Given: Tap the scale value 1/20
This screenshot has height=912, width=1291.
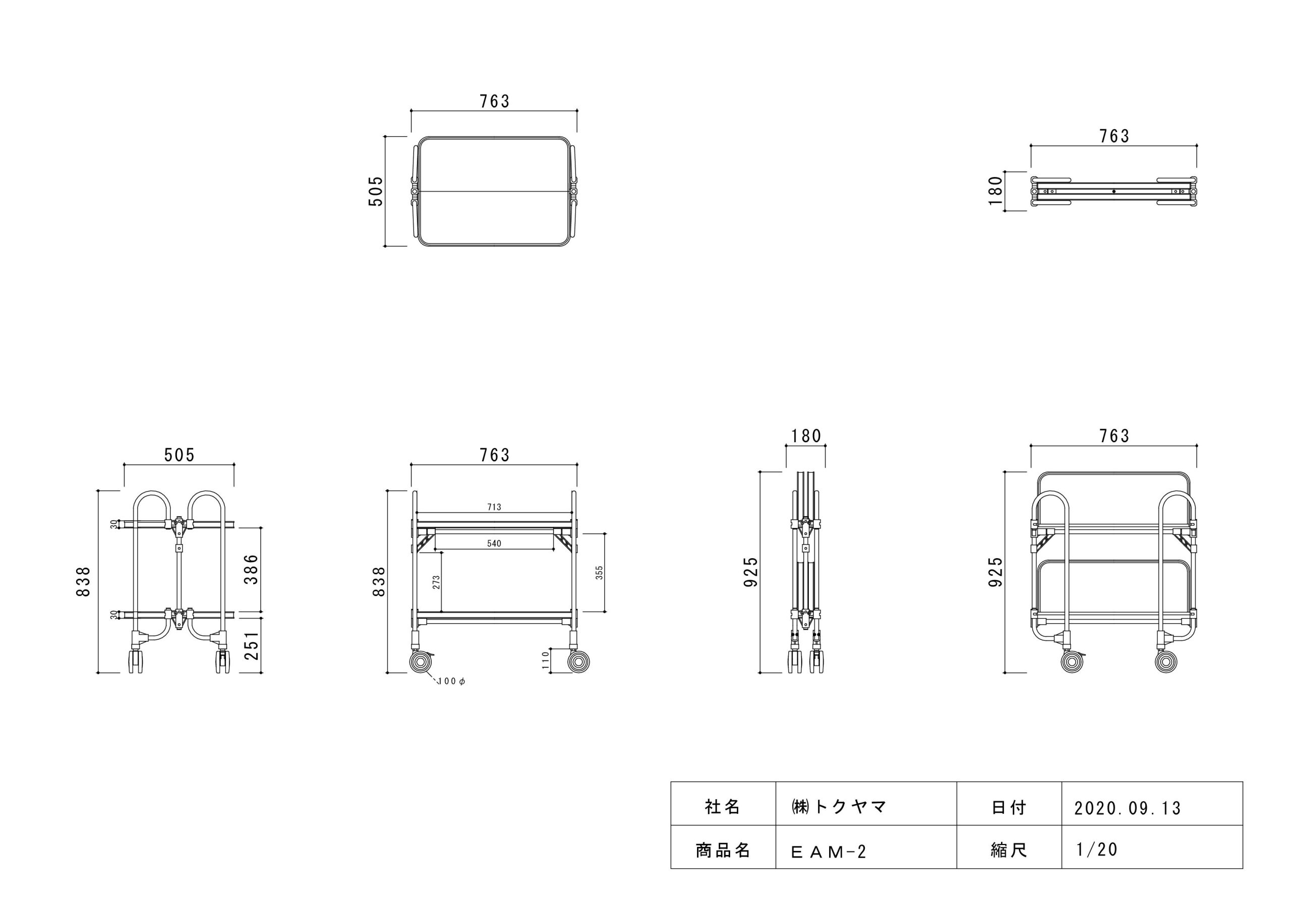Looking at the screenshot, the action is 1096,849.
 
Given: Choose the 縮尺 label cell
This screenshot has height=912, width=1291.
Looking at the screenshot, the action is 1009,850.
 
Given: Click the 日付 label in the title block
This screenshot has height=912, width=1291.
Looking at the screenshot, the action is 1009,808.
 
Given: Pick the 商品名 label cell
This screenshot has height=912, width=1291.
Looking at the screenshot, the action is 723,850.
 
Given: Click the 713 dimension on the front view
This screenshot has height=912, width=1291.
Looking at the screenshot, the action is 494,507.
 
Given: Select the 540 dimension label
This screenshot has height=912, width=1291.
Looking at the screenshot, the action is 494,543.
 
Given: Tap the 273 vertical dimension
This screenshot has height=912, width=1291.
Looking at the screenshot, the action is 436,582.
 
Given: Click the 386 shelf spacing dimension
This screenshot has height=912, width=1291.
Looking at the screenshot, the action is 251,569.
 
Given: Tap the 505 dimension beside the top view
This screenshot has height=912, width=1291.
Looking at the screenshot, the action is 376,191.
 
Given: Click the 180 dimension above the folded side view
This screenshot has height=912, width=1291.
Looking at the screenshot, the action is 806,436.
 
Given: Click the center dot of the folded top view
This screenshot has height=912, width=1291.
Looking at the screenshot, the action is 1114,191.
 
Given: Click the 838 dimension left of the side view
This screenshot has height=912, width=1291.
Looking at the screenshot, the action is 83,581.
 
